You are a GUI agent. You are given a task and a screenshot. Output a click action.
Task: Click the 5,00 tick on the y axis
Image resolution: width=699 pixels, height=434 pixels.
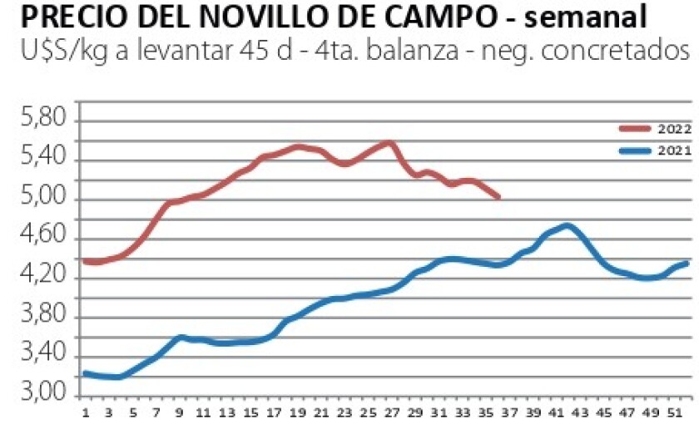point(42,200)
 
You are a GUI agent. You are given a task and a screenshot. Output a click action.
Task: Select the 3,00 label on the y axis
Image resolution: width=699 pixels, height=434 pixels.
point(42,394)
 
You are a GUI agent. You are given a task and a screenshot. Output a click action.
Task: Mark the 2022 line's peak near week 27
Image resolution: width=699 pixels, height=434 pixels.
point(389,143)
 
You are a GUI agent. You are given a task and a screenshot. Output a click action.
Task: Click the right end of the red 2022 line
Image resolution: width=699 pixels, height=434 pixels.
point(498,197)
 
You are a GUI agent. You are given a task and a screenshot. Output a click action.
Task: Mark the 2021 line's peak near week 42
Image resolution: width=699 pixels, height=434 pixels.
point(568,225)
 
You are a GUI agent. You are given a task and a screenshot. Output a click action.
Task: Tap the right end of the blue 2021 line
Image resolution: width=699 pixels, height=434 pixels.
point(686,264)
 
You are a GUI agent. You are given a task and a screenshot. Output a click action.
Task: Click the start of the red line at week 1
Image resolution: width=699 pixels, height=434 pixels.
point(86,261)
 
